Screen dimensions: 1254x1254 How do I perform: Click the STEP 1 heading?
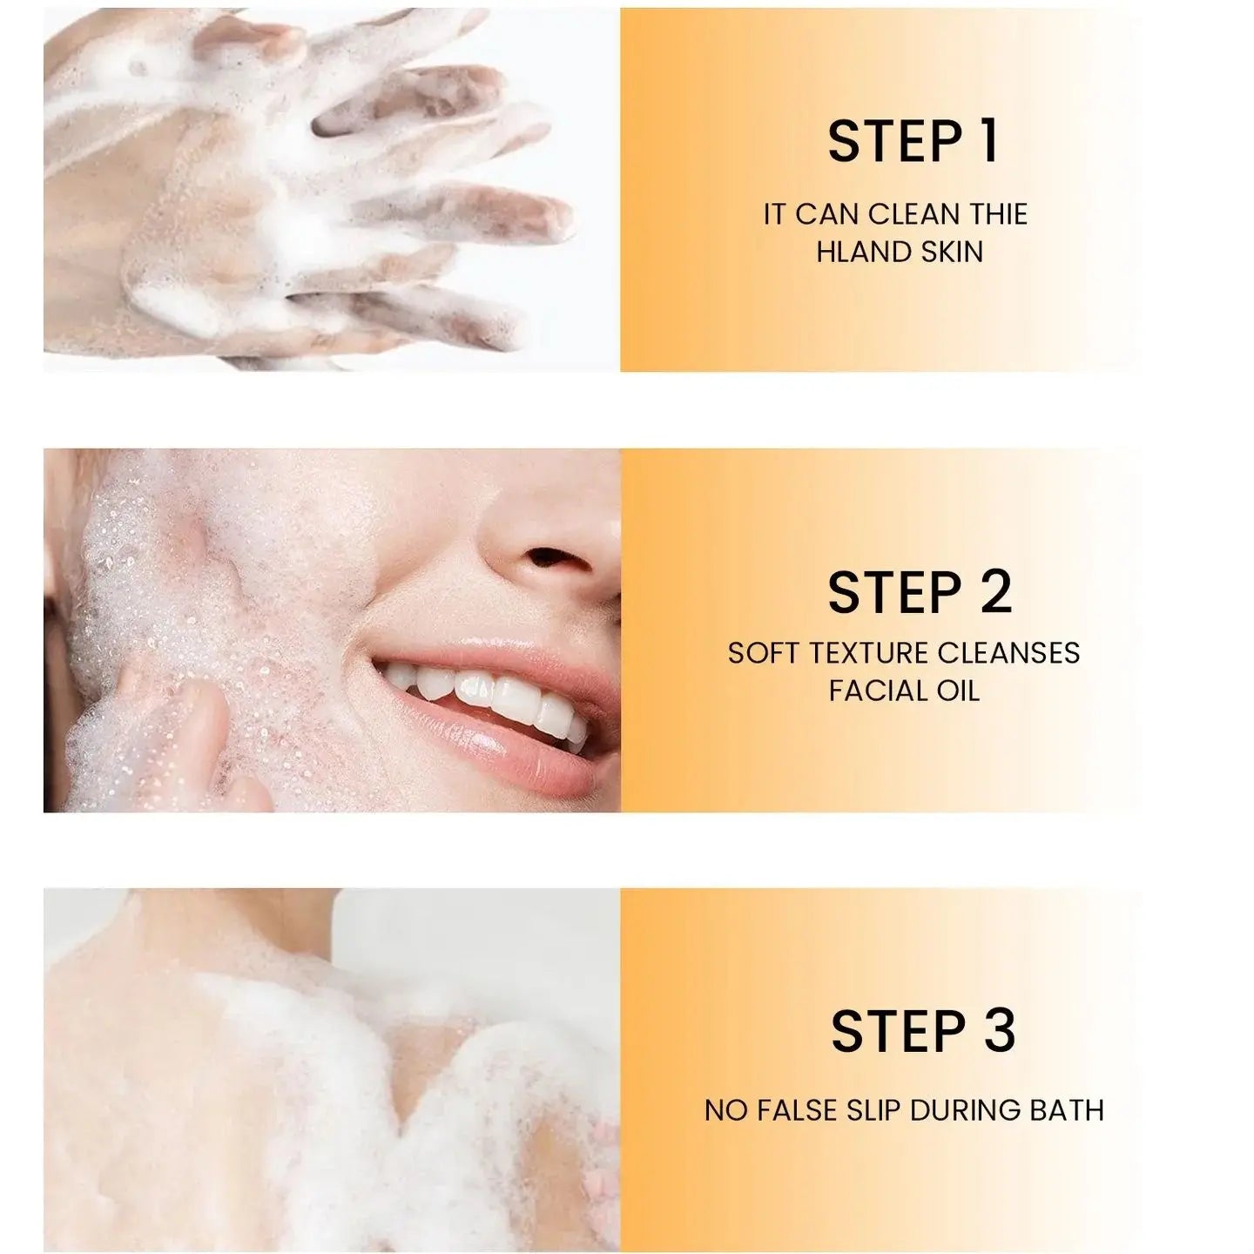[x=912, y=142]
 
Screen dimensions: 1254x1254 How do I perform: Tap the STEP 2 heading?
[x=920, y=593]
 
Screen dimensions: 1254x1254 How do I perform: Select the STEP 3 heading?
[x=923, y=1032]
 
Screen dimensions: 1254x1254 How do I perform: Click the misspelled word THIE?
[x=996, y=214]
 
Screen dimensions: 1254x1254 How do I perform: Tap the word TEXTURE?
[x=873, y=653]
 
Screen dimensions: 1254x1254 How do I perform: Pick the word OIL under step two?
[x=958, y=691]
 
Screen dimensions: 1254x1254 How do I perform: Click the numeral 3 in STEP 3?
[x=998, y=1032]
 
